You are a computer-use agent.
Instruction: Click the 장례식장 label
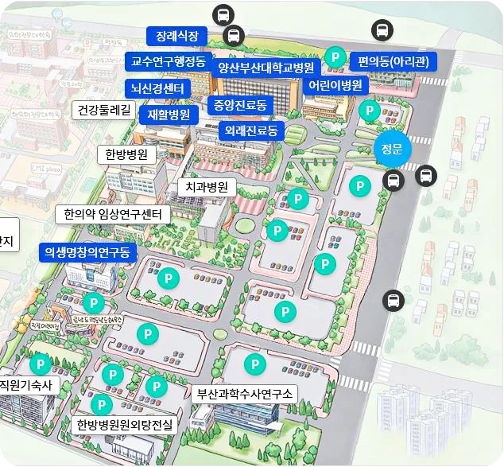coord(176,36)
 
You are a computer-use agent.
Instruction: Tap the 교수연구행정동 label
coord(168,61)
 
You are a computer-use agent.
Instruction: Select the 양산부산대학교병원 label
coord(266,67)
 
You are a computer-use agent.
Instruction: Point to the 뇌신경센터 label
coord(157,88)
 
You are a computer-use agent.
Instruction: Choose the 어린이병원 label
coord(335,85)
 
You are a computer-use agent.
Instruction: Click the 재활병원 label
coord(169,114)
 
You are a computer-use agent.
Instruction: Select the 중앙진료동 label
coord(240,104)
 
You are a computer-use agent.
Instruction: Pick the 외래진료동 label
coord(250,130)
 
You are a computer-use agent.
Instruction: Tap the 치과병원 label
coord(207,187)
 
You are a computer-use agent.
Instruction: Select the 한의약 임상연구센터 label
coord(112,214)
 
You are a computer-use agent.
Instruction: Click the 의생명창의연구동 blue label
coord(88,252)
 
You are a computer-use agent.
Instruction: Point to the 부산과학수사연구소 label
coord(245,393)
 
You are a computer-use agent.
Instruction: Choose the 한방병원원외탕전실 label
coord(126,425)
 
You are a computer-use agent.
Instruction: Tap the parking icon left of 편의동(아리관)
coord(335,57)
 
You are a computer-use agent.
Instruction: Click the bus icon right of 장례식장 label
coord(234,36)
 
